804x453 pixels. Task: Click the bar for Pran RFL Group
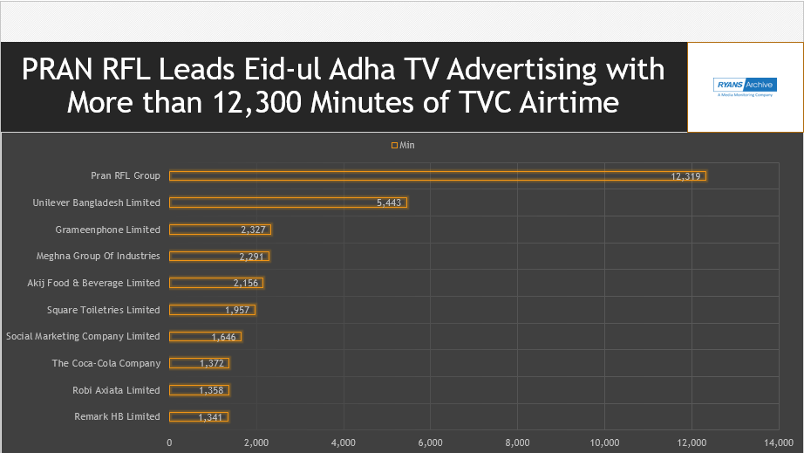(x=436, y=175)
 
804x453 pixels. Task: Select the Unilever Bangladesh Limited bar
(x=288, y=202)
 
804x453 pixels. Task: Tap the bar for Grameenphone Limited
(x=220, y=230)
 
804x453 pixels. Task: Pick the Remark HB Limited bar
(x=199, y=416)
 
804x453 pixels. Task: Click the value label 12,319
(x=686, y=176)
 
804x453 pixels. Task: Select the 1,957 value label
(x=237, y=310)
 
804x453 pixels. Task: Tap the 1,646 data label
(x=224, y=337)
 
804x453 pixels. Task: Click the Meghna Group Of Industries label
(x=99, y=256)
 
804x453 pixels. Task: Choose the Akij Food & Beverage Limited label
(x=94, y=283)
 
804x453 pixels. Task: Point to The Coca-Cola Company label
(x=106, y=363)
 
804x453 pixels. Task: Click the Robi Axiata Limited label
(x=117, y=390)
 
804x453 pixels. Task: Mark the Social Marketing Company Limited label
(x=83, y=336)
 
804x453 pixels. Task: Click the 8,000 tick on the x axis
(x=518, y=443)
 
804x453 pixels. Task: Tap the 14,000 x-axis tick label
(x=779, y=443)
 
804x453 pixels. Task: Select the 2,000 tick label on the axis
(x=256, y=443)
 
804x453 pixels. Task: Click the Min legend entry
(x=403, y=145)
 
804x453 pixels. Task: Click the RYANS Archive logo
(x=745, y=86)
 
